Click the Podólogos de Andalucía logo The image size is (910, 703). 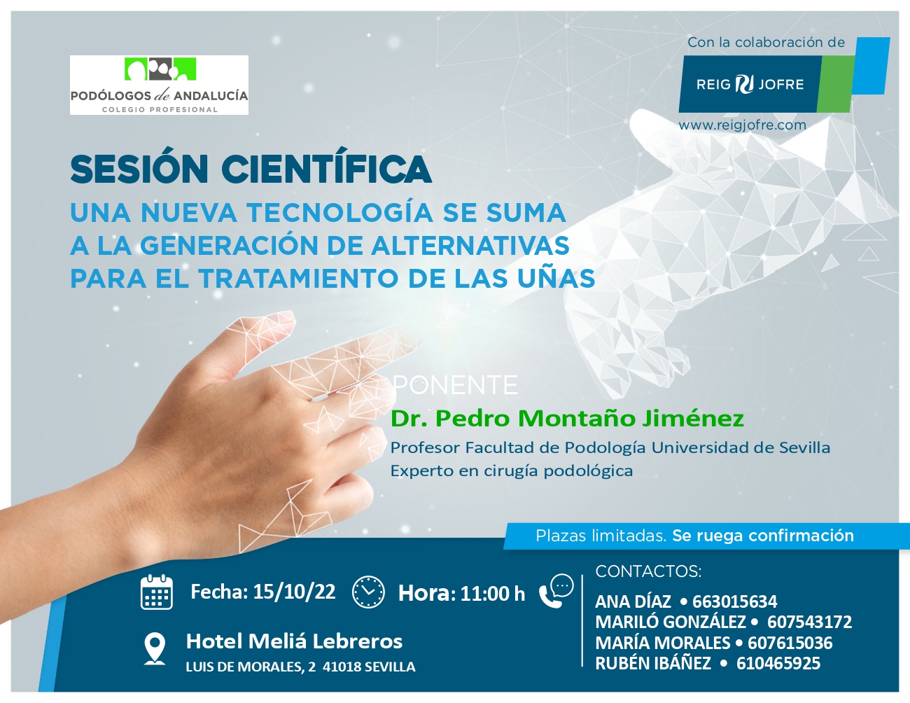(x=159, y=85)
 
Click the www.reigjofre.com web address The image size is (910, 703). (x=742, y=125)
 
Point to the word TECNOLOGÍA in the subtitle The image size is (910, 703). (x=340, y=212)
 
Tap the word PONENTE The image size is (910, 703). (x=456, y=385)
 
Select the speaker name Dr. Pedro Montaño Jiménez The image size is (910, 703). (x=567, y=418)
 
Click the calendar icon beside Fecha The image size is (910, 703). (x=157, y=592)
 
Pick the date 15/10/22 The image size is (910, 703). (x=295, y=592)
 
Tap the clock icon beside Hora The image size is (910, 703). (x=368, y=592)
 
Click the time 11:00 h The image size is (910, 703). (x=493, y=593)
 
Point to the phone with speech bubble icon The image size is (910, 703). (x=556, y=591)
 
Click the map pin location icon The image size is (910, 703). (x=155, y=648)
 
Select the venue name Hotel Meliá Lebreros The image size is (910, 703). (x=294, y=641)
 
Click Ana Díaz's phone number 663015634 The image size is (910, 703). (x=734, y=601)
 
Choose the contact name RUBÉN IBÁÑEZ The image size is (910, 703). (x=653, y=663)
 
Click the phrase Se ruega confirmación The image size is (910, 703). (x=763, y=536)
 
